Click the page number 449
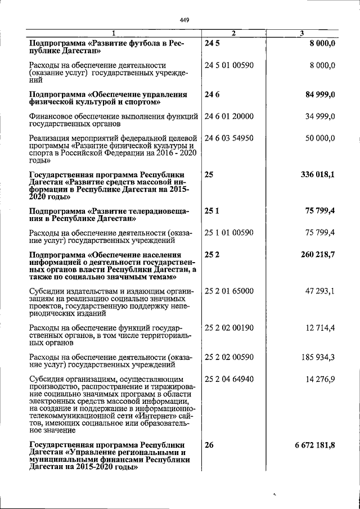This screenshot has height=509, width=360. click(x=184, y=21)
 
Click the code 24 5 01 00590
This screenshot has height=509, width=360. click(x=229, y=66)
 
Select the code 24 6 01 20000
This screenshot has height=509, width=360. click(x=229, y=116)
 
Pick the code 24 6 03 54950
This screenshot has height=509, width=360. click(x=229, y=138)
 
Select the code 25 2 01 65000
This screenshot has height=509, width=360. click(x=229, y=291)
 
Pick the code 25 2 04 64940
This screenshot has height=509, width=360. click(x=229, y=380)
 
